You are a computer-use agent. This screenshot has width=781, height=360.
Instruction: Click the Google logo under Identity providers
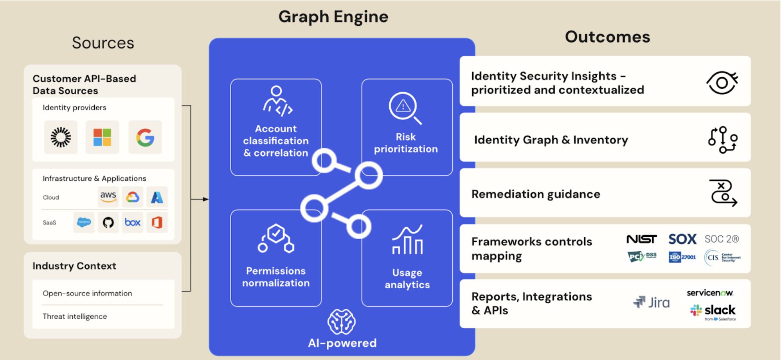pos(145,137)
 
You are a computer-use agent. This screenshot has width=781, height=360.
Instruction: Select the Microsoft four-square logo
pos(102,137)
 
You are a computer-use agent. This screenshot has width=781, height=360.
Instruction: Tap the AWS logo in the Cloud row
pos(108,196)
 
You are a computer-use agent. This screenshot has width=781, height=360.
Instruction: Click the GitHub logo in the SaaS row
pos(108,222)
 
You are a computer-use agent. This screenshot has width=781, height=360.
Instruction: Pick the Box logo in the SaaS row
pos(133,222)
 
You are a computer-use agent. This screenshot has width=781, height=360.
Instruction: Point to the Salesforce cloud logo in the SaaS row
pos(84,222)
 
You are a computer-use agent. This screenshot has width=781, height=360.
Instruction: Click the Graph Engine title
pos(333,17)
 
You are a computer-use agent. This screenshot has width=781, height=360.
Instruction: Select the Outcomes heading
pos(607,37)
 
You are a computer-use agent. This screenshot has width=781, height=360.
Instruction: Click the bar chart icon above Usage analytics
pos(407,240)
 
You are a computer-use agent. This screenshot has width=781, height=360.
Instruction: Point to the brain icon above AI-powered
pos(341,322)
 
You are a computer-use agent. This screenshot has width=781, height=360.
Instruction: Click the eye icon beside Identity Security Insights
pos(722,83)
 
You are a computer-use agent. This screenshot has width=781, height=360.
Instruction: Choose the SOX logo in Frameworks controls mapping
pos(682,239)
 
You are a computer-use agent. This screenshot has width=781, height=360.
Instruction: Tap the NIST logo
pos(641,239)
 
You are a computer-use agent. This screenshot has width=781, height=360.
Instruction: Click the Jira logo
pos(651,302)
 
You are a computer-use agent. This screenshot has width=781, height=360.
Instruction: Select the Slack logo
pos(713,311)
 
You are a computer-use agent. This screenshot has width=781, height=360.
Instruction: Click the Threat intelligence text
pos(75,316)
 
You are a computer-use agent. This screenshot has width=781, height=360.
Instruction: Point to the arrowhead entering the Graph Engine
pos(206,199)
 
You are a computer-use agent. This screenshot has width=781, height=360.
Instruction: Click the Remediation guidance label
pos(536,194)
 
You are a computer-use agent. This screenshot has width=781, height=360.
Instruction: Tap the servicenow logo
pos(710,293)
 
